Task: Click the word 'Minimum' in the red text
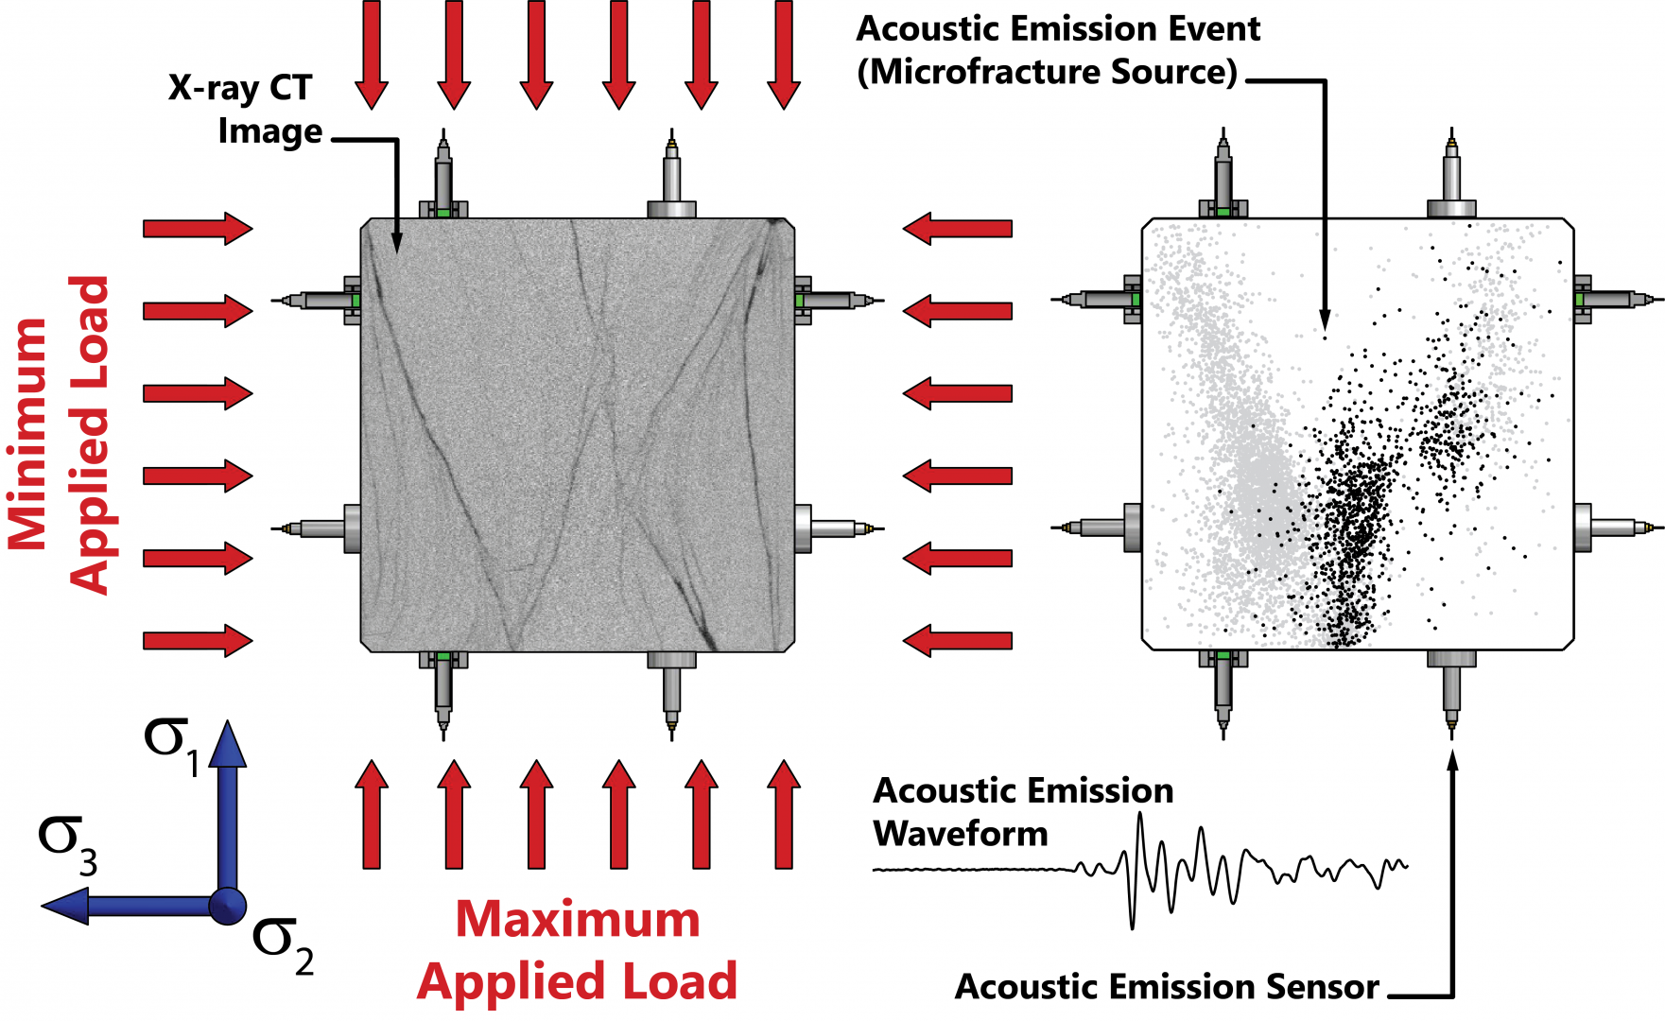(x=28, y=435)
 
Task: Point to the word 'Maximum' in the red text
(x=578, y=920)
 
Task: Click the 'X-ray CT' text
(x=240, y=88)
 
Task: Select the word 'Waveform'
(x=961, y=834)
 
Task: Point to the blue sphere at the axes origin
(x=227, y=905)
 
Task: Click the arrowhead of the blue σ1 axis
(x=227, y=743)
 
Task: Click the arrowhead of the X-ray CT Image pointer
(x=397, y=243)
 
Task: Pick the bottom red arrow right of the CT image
(x=957, y=641)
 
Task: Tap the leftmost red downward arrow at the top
(x=372, y=55)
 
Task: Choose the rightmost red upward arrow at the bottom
(x=784, y=813)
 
